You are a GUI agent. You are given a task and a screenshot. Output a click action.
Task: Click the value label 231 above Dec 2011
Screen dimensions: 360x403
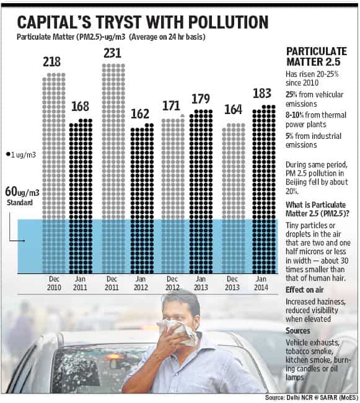tap(113, 53)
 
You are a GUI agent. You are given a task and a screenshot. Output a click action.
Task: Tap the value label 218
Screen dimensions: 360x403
tap(51, 62)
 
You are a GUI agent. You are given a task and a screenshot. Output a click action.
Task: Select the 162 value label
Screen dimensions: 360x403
tap(139, 114)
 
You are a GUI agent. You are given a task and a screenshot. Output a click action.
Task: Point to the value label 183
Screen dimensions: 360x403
tap(262, 93)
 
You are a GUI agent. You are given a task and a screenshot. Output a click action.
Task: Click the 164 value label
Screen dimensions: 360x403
tap(233, 110)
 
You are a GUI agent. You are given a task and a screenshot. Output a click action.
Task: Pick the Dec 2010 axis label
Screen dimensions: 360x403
tap(54, 283)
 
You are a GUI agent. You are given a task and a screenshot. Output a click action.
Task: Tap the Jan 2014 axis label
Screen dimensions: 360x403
tap(261, 283)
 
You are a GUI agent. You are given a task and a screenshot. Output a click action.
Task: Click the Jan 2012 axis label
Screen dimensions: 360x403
tap(141, 283)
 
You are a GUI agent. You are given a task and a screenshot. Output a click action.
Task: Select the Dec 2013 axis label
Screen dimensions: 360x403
tap(232, 283)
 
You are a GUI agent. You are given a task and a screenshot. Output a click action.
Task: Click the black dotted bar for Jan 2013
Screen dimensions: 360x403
tap(201, 192)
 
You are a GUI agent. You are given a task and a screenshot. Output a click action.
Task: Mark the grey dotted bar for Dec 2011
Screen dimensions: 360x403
tap(113, 169)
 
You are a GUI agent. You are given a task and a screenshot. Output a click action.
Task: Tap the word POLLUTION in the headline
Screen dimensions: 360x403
tap(228, 22)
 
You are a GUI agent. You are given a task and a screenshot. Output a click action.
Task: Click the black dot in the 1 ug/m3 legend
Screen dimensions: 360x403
tap(8, 154)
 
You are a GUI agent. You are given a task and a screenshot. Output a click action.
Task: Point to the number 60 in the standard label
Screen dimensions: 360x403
tap(11, 192)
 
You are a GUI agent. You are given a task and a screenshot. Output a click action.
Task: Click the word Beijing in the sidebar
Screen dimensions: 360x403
tap(295, 182)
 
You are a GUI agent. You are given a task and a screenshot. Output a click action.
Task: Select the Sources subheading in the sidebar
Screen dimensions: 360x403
tap(298, 330)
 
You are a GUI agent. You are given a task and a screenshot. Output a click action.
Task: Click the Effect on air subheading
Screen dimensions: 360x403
tap(304, 290)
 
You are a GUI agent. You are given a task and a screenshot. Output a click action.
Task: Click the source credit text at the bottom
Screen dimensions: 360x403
tap(312, 397)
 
